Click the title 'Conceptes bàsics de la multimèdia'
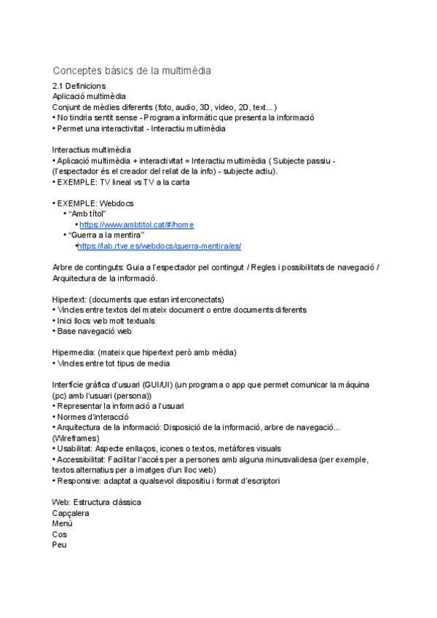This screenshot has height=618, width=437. (132, 71)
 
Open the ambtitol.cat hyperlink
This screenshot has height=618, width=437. (137, 224)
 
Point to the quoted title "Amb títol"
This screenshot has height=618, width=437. (87, 214)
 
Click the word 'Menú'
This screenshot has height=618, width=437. (63, 523)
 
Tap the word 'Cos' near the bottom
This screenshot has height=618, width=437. (60, 534)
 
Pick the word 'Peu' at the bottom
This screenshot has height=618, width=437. (60, 544)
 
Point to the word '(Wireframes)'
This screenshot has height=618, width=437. (76, 438)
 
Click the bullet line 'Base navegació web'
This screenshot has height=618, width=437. (94, 331)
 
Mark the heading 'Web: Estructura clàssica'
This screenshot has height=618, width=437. (97, 502)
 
